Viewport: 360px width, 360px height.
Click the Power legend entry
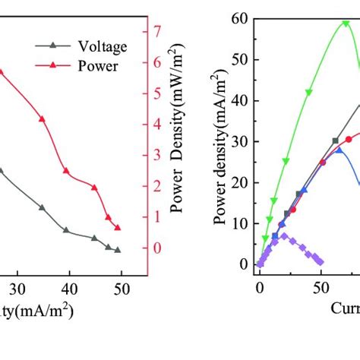coord(86,65)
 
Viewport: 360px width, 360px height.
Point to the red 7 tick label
coord(157,31)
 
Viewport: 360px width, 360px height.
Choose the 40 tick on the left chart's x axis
coord(69,289)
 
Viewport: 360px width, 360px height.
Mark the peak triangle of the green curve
coord(346,23)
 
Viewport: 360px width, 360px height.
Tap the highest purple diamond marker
coord(284,236)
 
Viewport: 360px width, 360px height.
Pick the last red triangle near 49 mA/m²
coord(118,228)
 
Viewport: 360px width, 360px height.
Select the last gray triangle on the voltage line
coord(118,249)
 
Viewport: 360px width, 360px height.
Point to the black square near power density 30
coord(335,141)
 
